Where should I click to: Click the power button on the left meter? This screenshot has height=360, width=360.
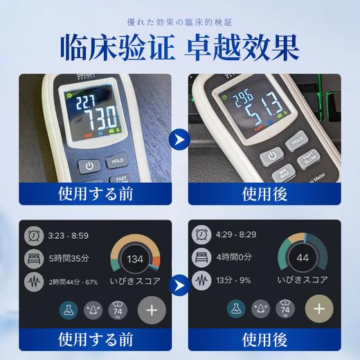(x=89, y=166)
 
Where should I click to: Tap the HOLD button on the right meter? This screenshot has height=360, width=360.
(x=296, y=140)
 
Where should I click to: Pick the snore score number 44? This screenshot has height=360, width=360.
(x=302, y=258)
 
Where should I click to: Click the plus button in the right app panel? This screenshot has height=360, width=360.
(x=318, y=308)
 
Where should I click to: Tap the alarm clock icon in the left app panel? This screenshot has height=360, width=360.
(x=33, y=236)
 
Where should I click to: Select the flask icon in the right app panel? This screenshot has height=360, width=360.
(x=236, y=309)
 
